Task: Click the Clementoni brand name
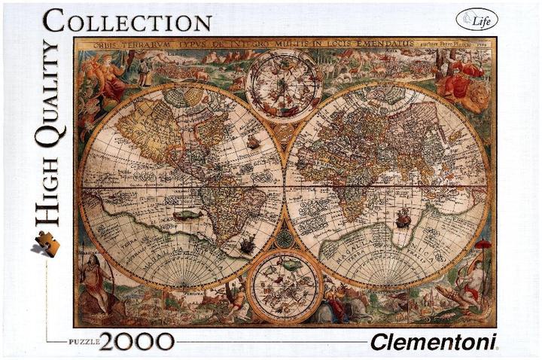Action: pos(433,342)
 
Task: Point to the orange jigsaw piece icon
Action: pos(46,243)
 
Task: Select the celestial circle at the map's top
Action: pos(284,85)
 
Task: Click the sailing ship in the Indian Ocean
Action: pos(404,218)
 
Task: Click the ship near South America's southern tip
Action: pos(246,243)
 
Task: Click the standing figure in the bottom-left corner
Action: pos(93,281)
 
